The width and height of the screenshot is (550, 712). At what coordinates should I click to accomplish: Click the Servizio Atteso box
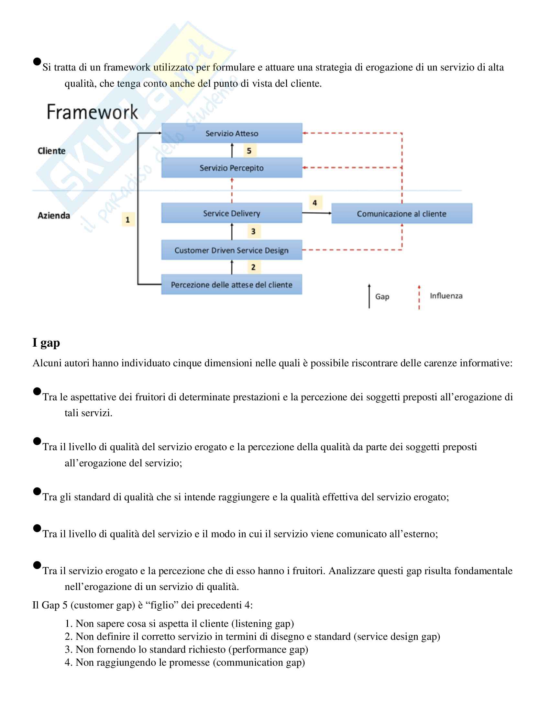pos(232,133)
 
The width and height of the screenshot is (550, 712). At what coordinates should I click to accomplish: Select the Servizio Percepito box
pos(232,168)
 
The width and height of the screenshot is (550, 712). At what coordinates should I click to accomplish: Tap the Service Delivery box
pos(232,213)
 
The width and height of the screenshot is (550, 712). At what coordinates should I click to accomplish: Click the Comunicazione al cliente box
pos(401,214)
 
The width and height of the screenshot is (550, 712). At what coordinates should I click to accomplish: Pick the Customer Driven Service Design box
pos(232,250)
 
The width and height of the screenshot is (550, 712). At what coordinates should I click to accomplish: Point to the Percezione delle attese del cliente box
pos(232,284)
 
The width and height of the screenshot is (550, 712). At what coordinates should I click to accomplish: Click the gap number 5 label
pos(249,151)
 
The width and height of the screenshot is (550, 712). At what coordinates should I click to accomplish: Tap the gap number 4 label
pos(315,203)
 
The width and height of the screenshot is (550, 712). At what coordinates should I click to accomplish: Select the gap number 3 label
pos(254,231)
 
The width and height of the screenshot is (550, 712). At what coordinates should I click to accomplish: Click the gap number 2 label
pos(254,267)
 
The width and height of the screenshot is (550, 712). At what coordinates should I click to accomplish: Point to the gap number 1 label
pos(128,220)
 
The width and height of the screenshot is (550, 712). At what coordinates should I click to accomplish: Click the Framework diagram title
pos(92,112)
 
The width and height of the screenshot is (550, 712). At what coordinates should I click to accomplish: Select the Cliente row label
pos(51,151)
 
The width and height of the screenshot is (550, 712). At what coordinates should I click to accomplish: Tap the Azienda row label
pos(54,216)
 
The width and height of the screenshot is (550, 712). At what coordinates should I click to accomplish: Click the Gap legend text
pos(382,297)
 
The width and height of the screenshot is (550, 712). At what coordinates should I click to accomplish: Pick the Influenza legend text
pos(446,296)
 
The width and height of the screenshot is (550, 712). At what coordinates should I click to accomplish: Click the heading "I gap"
pos(46,343)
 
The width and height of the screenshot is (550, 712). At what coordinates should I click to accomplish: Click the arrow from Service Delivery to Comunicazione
pos(316,213)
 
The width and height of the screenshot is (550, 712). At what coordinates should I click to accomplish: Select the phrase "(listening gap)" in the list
pos(263,624)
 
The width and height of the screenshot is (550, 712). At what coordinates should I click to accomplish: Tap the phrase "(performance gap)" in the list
pos(268,650)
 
